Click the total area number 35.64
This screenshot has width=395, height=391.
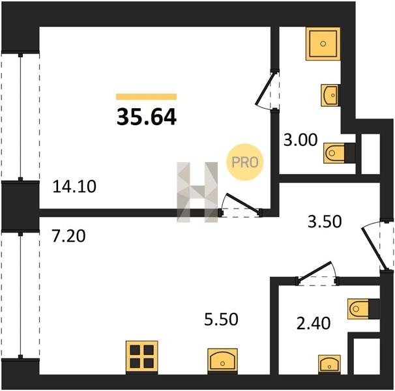click(x=147, y=117)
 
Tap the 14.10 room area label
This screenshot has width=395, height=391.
click(x=74, y=186)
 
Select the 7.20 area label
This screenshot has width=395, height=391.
click(x=68, y=236)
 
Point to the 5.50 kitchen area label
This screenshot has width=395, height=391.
click(x=221, y=319)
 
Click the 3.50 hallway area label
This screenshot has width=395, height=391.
click(x=325, y=222)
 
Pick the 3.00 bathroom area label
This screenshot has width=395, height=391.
click(x=300, y=140)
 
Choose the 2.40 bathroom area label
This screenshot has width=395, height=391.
click(x=314, y=323)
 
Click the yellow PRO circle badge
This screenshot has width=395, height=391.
click(x=245, y=162)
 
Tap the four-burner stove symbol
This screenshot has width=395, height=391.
click(x=142, y=356)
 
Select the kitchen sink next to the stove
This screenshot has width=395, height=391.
click(x=222, y=361)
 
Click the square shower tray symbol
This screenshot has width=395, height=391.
click(x=323, y=44)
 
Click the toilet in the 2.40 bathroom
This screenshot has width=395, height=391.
click(x=363, y=309)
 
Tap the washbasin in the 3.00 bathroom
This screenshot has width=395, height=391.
click(x=330, y=95)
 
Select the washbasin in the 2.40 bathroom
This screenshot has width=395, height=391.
click(x=329, y=364)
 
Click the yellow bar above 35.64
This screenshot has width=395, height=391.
click(x=147, y=96)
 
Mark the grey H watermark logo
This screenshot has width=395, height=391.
click(x=197, y=192)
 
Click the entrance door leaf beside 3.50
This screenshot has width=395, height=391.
click(x=374, y=249)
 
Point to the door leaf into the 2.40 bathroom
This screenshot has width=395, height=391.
click(x=315, y=271)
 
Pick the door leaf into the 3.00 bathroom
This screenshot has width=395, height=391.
click(x=265, y=89)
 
